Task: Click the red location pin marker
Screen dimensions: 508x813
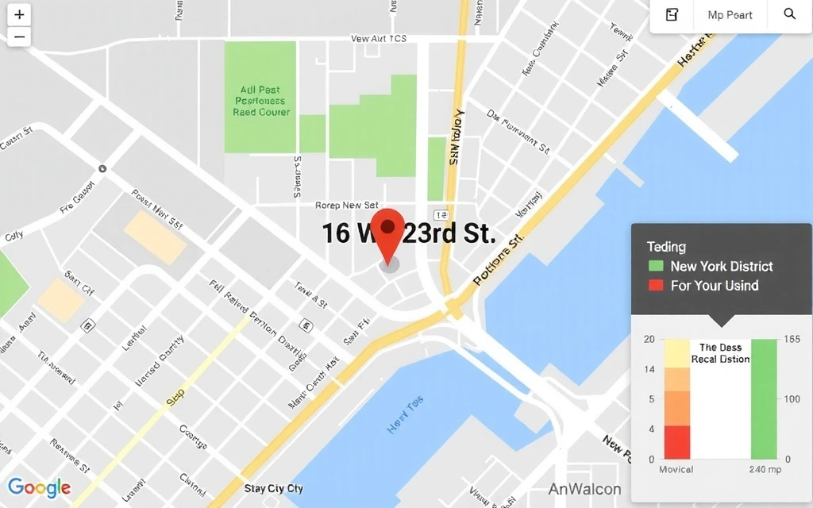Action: point(388,229)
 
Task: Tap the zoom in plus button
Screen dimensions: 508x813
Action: point(19,15)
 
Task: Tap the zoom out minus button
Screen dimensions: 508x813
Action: point(19,37)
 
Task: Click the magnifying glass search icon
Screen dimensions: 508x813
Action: point(789,14)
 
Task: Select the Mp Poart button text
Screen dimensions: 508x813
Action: point(730,15)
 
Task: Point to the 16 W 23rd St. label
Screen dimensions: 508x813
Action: point(408,233)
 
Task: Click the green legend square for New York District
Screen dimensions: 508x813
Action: point(656,267)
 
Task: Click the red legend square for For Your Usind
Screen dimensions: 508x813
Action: point(656,286)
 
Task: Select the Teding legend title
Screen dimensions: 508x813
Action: point(666,247)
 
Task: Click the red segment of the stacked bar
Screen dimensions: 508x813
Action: point(677,442)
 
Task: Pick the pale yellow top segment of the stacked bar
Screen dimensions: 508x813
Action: point(677,353)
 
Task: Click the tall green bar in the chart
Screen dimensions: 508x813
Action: point(764,398)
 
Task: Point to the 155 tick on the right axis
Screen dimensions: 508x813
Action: point(792,339)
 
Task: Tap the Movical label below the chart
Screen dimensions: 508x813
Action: point(676,469)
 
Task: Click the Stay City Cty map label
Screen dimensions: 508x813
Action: point(274,488)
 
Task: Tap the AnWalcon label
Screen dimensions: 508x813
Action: point(584,489)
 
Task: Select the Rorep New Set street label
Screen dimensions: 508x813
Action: point(346,206)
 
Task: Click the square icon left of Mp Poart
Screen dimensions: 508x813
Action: point(672,15)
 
